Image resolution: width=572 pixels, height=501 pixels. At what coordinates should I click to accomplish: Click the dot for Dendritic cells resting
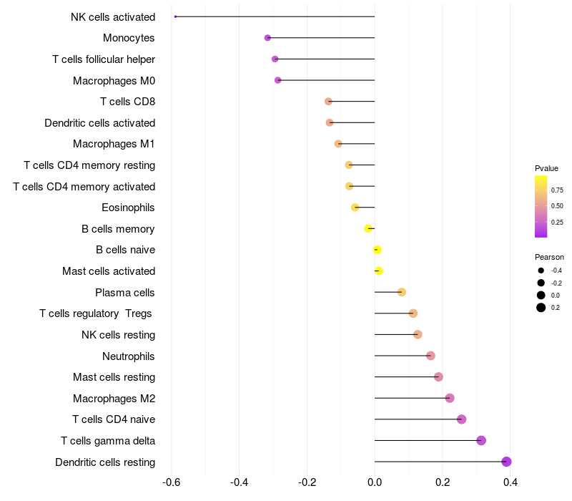(506, 462)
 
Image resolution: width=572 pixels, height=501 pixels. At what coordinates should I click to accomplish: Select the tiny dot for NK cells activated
(175, 16)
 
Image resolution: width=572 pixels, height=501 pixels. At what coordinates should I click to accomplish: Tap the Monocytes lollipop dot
(267, 38)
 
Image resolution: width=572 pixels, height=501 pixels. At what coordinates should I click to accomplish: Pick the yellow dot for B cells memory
(368, 229)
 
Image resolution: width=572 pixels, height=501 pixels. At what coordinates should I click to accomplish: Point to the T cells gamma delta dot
(481, 440)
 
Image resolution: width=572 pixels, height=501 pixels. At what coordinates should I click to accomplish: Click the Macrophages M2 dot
(450, 398)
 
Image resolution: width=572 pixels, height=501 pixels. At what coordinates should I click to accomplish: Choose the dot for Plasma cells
(402, 292)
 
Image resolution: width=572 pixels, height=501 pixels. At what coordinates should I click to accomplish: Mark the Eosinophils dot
(355, 208)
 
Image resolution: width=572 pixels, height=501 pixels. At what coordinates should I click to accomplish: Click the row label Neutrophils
(129, 356)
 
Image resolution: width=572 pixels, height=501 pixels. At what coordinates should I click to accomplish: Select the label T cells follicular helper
(104, 59)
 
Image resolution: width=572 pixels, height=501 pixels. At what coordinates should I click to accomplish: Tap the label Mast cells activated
(109, 271)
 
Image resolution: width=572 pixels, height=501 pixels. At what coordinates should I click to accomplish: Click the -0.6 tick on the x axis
(172, 482)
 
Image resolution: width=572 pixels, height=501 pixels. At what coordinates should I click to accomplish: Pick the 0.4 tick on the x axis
(511, 482)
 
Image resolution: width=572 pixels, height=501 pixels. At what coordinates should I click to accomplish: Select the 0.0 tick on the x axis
(375, 482)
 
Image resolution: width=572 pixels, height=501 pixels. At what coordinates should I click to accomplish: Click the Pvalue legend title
(546, 168)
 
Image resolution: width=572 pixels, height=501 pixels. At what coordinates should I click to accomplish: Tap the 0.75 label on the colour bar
(557, 190)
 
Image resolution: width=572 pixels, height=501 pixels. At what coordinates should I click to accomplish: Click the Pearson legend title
(549, 257)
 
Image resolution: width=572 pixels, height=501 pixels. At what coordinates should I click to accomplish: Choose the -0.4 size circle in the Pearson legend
(541, 271)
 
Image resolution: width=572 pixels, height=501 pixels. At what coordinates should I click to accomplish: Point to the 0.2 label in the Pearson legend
(556, 308)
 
